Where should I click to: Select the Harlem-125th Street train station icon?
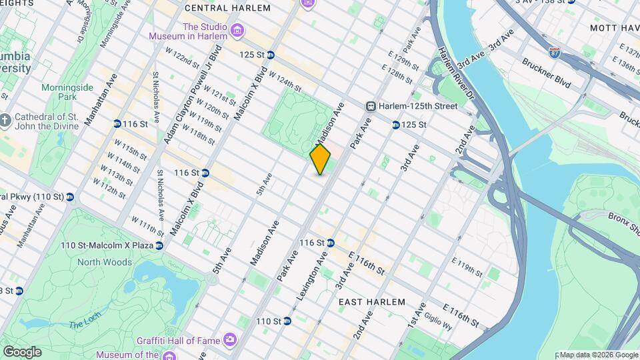[x=371, y=106]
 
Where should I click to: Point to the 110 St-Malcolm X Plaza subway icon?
[x=159, y=245]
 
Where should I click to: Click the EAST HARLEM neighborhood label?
[x=371, y=302]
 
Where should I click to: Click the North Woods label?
[x=105, y=262]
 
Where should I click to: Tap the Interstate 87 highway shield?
[x=555, y=51]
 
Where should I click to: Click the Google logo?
[x=22, y=351]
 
